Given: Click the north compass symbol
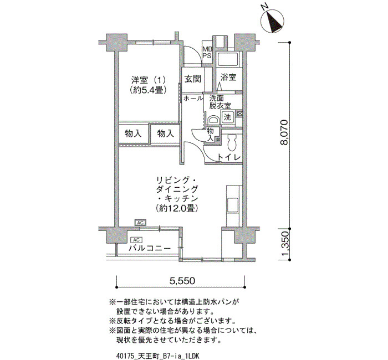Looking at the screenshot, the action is point(273,21).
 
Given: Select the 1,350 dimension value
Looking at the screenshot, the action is point(284,244).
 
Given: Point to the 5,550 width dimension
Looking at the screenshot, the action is point(182,280).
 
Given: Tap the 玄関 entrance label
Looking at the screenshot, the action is point(193,79).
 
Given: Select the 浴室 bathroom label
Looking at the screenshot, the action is point(228,77).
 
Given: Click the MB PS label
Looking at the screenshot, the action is point(207,53).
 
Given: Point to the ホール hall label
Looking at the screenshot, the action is point(193,99).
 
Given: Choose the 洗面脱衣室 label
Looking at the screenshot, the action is point(219,102).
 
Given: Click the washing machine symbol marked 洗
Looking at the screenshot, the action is point(227,117).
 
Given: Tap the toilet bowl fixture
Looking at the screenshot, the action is point(232,143).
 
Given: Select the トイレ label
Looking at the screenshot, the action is point(229,157).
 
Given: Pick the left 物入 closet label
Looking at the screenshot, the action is point(133,133).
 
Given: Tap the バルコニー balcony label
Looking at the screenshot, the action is point(150,248).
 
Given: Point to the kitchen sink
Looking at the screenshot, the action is point(233,204).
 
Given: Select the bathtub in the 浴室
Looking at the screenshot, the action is point(228,60).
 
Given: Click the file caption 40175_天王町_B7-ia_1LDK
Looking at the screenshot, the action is point(157,356).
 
